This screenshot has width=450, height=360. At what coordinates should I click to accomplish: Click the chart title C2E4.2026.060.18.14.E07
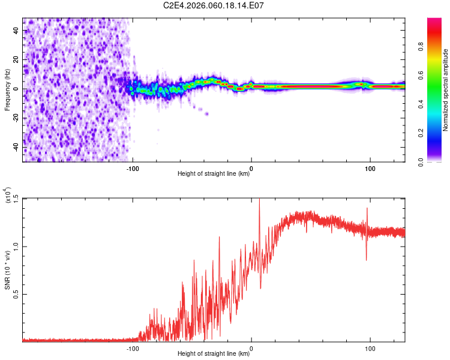214,6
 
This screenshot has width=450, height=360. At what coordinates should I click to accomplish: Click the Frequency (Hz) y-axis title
7,89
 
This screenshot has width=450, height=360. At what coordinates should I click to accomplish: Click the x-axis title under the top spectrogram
214,174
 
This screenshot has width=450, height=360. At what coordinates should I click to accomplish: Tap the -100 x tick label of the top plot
133,168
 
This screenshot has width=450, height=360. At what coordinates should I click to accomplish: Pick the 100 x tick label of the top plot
370,168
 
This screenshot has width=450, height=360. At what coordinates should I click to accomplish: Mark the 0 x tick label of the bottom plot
251,348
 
